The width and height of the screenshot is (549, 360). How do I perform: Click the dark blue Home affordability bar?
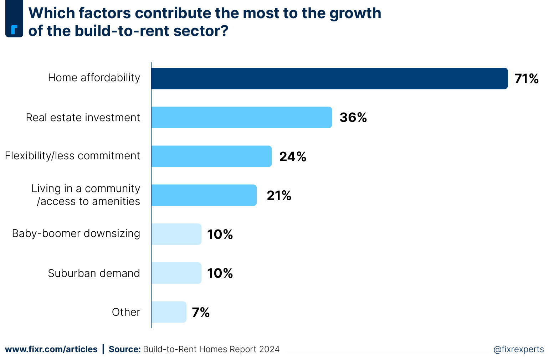tap(329, 78)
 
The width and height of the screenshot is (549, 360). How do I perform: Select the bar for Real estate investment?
tap(241, 117)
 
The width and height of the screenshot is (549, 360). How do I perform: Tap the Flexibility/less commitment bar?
tap(211, 156)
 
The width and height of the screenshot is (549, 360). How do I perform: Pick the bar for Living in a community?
tap(204, 195)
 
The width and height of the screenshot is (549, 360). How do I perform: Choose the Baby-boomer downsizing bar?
tap(176, 234)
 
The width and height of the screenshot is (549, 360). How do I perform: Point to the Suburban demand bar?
tap(176, 273)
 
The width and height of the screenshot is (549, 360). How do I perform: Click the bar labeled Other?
tap(169, 312)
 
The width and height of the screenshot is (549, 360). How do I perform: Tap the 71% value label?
tap(526, 78)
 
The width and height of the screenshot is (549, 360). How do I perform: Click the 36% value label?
tap(353, 117)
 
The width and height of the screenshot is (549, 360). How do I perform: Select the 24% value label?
tap(293, 156)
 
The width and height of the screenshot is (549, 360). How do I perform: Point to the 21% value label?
tap(279, 195)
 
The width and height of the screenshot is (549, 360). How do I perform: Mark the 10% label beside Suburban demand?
tap(220, 273)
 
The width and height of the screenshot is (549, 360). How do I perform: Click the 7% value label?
tap(201, 312)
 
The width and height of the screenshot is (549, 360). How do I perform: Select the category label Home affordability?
tap(94, 78)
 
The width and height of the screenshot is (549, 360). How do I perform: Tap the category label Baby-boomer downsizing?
tap(76, 233)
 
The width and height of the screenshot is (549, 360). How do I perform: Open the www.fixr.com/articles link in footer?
tap(51, 349)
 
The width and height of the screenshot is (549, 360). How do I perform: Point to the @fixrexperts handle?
tap(518, 349)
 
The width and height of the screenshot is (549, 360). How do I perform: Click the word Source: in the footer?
tap(124, 349)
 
